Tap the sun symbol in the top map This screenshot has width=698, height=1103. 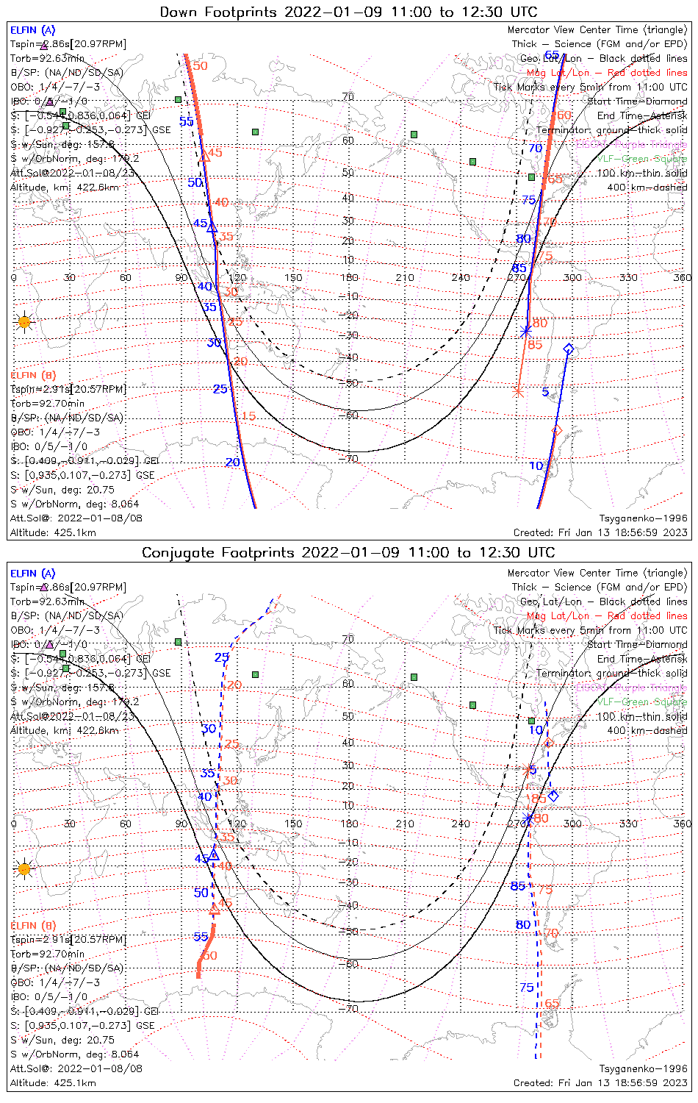pos(24,322)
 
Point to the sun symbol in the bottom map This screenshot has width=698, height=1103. pos(24,869)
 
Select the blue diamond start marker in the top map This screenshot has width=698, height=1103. pos(568,349)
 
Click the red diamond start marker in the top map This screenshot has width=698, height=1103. pos(557,430)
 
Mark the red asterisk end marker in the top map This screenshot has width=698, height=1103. pos(518,392)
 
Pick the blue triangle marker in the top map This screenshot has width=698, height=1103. pos(212,227)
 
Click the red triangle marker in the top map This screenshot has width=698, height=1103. pos(205,156)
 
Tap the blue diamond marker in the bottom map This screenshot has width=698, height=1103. pos(553,796)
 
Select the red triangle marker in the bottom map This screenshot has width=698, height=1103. pos(214,910)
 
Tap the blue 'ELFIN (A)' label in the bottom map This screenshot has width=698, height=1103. pos(33,574)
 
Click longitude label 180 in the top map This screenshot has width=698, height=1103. pos(349,278)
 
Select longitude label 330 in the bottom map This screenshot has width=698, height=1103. pos(628,824)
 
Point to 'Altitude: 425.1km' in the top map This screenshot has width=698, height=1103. pos(53,532)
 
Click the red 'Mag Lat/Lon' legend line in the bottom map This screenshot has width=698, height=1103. pos(607,615)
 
